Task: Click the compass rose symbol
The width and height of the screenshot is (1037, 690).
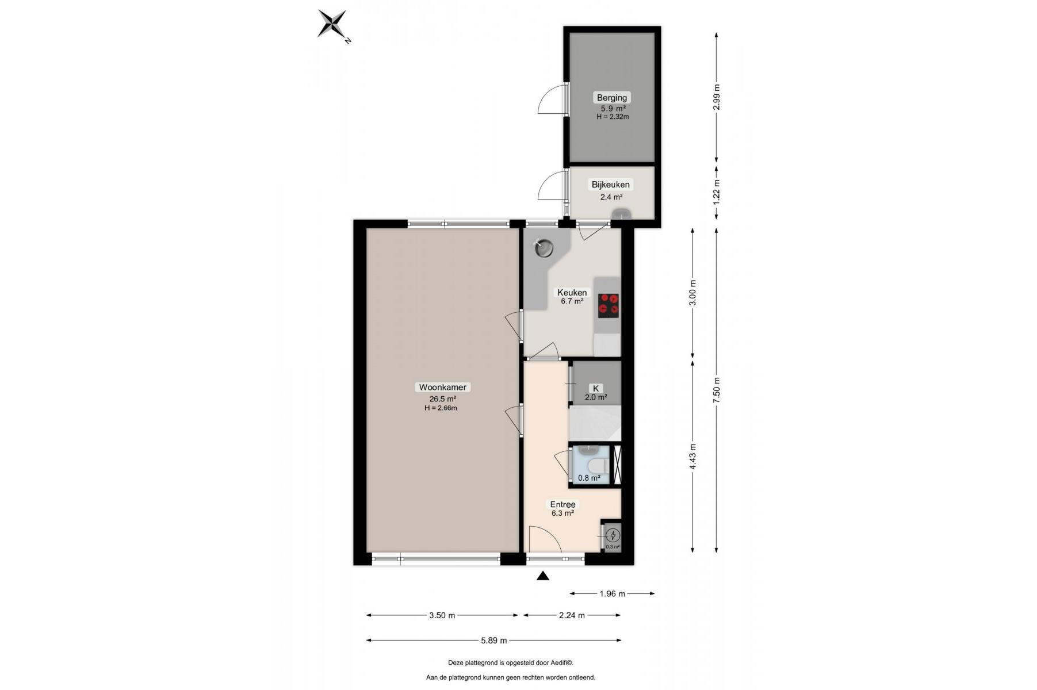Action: [333, 24]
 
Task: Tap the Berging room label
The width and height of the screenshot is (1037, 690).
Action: [612, 98]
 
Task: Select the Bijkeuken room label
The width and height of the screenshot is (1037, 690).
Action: [611, 185]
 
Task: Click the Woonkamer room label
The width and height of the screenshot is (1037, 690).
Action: [443, 388]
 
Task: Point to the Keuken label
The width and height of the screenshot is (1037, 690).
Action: [572, 293]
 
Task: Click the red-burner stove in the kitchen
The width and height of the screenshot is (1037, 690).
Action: [609, 305]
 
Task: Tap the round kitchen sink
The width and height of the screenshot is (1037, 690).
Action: [544, 249]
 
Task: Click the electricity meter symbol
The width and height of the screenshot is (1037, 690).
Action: [613, 535]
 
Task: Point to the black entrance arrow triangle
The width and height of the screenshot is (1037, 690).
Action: [543, 576]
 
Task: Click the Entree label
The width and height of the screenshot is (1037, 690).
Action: [563, 505]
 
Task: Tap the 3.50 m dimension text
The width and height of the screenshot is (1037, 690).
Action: [442, 615]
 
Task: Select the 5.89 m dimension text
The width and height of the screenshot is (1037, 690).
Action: [494, 640]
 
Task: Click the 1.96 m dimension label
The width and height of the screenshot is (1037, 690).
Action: [612, 593]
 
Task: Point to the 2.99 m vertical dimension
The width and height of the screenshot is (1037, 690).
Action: [716, 97]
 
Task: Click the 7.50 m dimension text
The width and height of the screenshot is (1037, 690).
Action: [716, 391]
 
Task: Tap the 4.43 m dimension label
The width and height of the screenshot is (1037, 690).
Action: [692, 457]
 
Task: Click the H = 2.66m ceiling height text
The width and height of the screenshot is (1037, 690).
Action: [441, 408]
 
